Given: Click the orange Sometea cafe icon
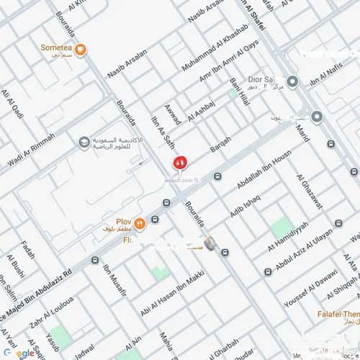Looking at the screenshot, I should [81, 50].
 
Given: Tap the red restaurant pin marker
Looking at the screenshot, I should [179, 163].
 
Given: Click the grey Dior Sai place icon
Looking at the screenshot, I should [292, 82].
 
